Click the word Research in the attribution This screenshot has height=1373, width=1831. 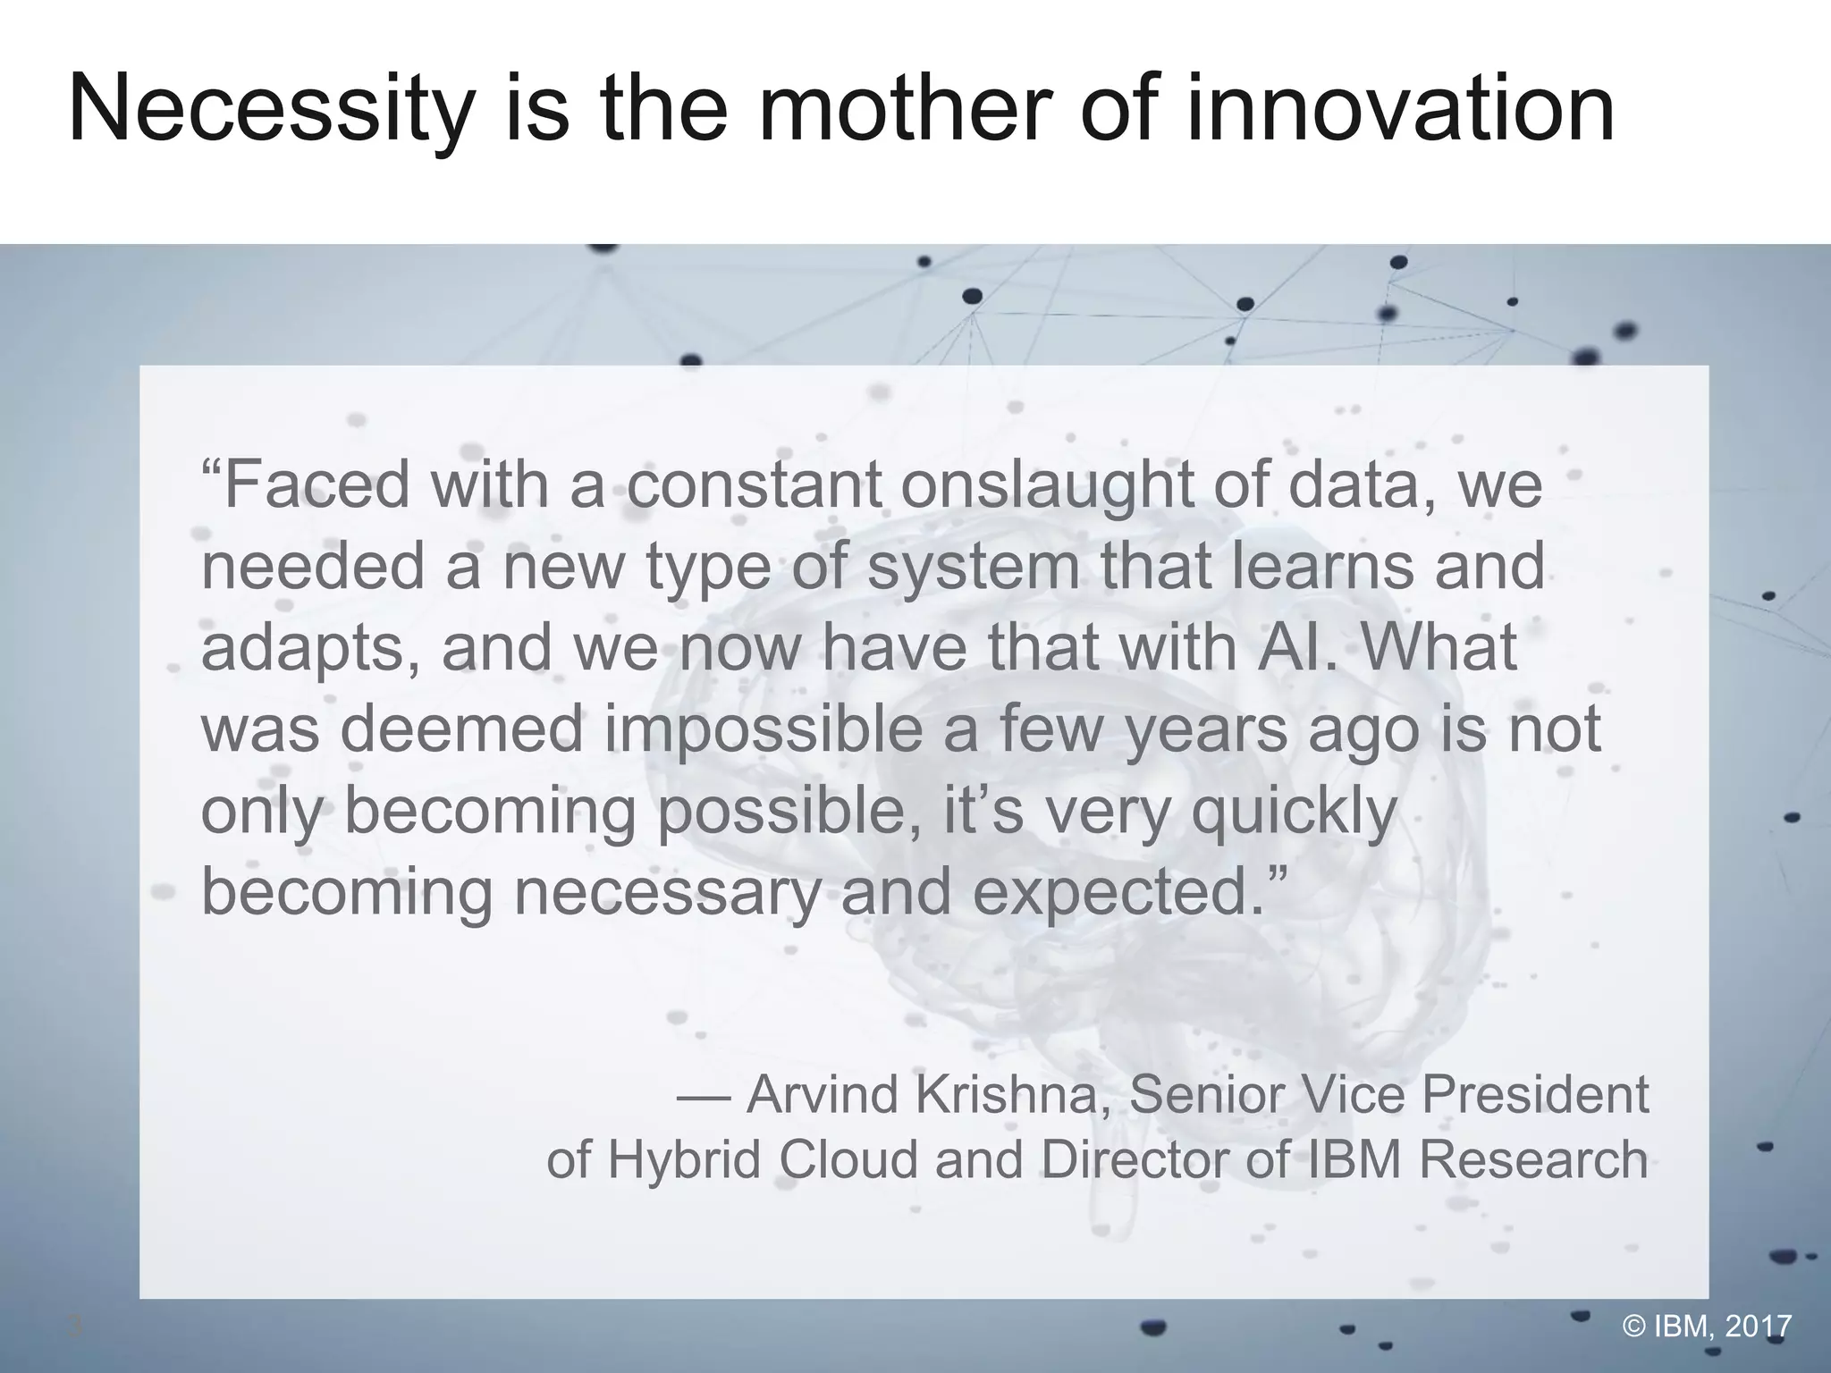coord(1533,1159)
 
